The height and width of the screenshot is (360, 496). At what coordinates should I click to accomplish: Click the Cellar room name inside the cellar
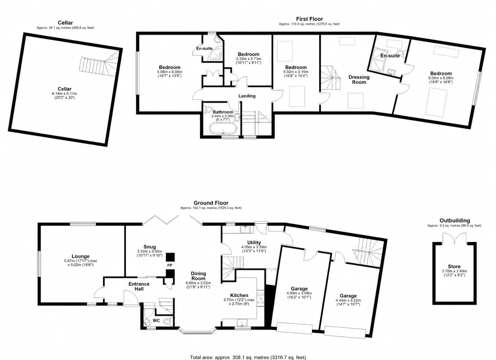point(64,89)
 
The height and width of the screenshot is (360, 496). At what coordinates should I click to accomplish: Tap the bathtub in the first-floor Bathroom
point(223,129)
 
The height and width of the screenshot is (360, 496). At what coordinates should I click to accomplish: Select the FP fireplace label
point(169,265)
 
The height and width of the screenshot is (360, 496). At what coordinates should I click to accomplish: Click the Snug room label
point(150,247)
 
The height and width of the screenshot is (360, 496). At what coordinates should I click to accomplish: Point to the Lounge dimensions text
point(81,263)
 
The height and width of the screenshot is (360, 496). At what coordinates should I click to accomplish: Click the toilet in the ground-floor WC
point(167,321)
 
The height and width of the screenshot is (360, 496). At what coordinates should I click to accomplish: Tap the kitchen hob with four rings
point(260,298)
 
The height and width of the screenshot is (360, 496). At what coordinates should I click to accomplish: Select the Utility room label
point(254,243)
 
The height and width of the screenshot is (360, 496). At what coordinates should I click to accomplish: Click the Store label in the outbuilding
point(454,267)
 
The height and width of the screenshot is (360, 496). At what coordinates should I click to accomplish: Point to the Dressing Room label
point(359,80)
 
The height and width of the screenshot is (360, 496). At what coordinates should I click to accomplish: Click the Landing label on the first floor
point(247,96)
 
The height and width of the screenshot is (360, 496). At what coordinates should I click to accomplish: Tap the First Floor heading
point(310,19)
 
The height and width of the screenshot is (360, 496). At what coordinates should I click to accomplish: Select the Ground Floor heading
point(211,203)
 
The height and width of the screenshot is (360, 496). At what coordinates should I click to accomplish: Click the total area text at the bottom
point(248,357)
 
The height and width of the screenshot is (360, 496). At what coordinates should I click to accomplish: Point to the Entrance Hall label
point(139,287)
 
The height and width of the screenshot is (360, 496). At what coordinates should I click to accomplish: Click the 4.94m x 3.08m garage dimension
point(299,295)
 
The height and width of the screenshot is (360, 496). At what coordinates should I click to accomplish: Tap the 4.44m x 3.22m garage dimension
point(348,302)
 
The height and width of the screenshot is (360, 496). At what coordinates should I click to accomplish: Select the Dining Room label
point(198,276)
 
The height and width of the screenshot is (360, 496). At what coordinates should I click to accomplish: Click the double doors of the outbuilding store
point(454,238)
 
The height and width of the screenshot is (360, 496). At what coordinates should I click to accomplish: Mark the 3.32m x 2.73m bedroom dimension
point(249,61)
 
